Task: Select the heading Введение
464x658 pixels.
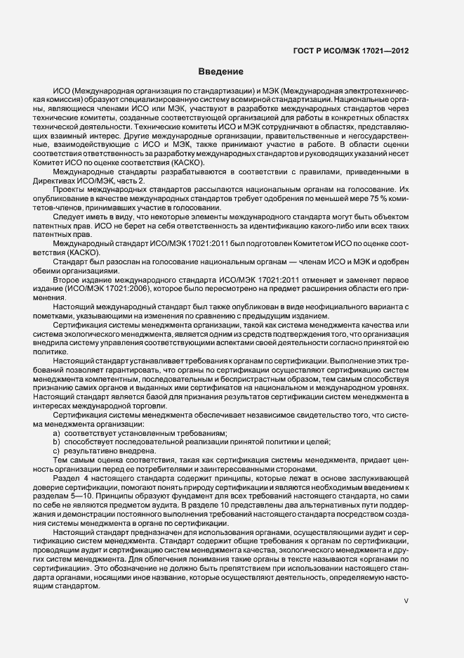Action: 220,72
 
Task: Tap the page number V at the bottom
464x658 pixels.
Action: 406,601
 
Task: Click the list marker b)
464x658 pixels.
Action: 57,443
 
